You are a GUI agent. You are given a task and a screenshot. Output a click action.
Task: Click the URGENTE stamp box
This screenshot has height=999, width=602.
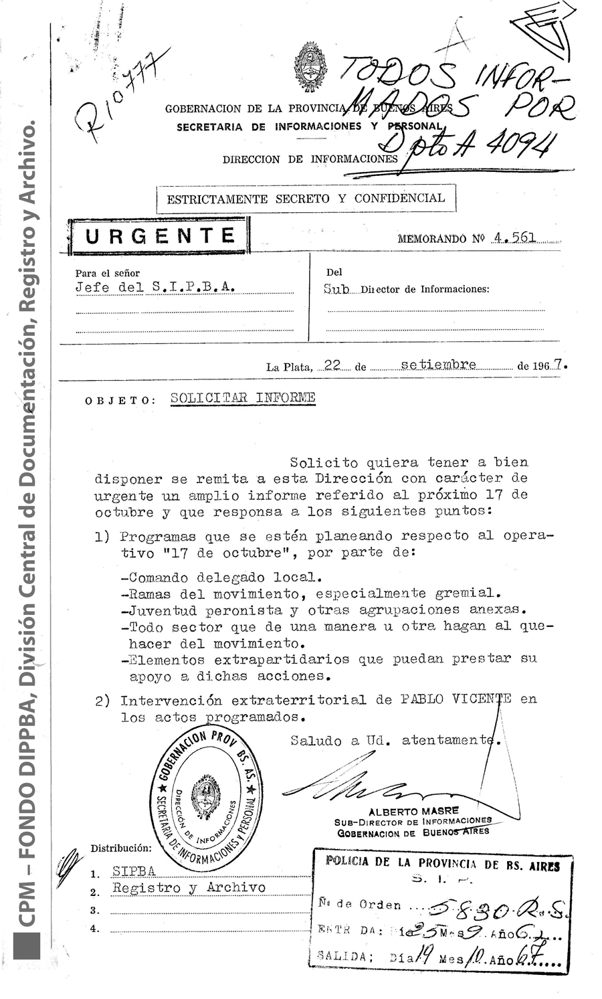pyautogui.click(x=159, y=236)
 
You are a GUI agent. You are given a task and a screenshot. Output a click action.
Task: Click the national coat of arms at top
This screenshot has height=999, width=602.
pyautogui.click(x=312, y=67)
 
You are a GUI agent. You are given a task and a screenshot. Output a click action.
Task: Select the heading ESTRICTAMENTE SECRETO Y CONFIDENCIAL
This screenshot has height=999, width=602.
pyautogui.click(x=306, y=199)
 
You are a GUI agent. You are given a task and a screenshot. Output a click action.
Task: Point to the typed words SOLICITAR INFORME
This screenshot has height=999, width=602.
pyautogui.click(x=243, y=397)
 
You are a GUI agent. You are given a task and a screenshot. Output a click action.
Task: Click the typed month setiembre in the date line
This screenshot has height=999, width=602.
pyautogui.click(x=439, y=365)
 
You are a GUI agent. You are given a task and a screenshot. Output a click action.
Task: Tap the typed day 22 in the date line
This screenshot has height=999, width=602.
pyautogui.click(x=332, y=365)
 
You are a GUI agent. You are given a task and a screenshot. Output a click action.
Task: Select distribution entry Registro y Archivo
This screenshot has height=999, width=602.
pyautogui.click(x=189, y=888)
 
